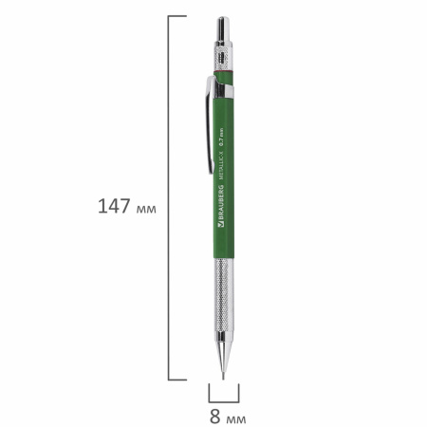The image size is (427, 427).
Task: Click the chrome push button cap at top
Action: [223, 28]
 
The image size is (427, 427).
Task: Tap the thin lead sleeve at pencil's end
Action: [224, 372]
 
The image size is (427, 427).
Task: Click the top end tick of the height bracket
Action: [177, 16]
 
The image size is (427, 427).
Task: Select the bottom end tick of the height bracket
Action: [177, 380]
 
